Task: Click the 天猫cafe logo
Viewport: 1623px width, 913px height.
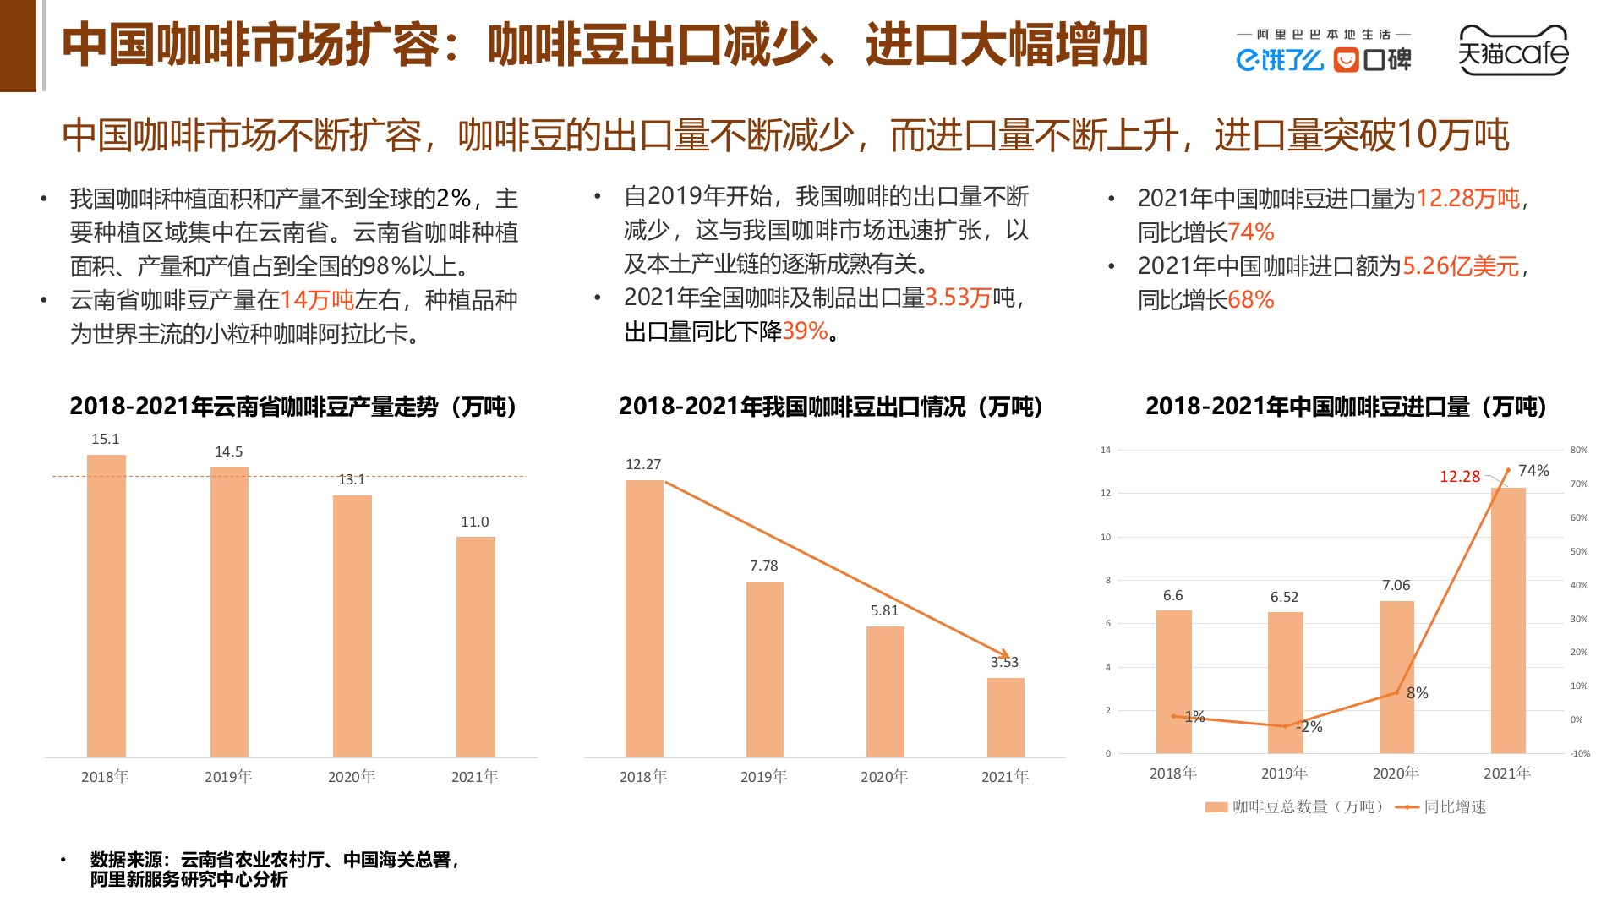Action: coord(1512,51)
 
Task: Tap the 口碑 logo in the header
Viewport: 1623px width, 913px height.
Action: coord(1372,60)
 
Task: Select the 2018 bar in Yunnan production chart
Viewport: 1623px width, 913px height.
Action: coord(107,605)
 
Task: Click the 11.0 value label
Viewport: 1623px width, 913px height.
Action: coord(474,522)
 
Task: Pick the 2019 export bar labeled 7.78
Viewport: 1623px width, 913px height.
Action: coord(764,668)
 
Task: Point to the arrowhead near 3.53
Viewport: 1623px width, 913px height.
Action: coord(1003,654)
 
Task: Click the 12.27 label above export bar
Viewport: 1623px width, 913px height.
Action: coord(643,464)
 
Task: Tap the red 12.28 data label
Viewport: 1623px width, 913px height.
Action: coord(1460,477)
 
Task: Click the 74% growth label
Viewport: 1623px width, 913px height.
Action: coord(1533,471)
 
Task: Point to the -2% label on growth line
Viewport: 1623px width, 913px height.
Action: coord(1309,727)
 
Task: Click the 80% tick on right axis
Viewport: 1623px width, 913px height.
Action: coord(1578,450)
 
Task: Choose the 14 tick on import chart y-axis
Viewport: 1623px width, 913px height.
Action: coord(1106,450)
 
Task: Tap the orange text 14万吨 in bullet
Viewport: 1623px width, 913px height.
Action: coord(317,300)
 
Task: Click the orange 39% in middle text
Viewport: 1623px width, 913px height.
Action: coord(805,331)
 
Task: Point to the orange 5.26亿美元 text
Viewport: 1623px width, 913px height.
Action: coord(1461,266)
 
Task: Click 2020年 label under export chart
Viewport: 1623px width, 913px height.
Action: coord(884,776)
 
